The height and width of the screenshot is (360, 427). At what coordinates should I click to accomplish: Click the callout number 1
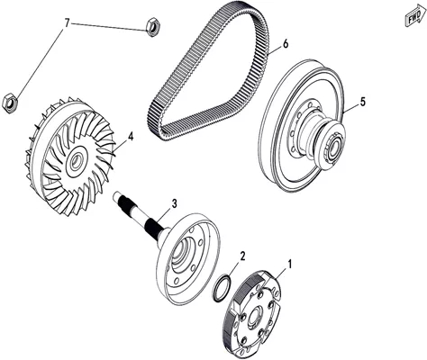click(x=290, y=265)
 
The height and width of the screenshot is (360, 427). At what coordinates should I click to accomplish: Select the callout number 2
click(x=242, y=256)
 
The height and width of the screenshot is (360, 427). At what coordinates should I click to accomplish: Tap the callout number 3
click(x=174, y=203)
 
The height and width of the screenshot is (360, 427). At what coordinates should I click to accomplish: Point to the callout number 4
click(x=130, y=137)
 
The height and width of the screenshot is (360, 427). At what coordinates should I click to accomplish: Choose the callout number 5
click(x=363, y=102)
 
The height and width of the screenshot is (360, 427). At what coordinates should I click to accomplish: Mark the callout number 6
click(x=285, y=44)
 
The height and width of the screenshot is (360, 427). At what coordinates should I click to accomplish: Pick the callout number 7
click(x=67, y=23)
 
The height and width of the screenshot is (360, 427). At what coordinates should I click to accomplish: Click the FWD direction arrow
click(x=415, y=17)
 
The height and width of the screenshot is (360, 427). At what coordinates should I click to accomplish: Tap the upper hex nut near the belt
click(x=153, y=27)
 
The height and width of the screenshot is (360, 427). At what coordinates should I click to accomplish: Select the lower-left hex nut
click(x=10, y=103)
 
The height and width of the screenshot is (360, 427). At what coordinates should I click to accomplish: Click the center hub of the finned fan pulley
click(x=77, y=161)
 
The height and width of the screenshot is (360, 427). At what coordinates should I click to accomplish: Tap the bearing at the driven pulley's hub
click(x=333, y=146)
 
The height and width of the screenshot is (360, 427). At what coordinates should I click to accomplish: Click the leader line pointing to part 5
click(x=351, y=108)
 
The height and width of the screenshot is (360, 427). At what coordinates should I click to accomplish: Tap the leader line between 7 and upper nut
click(x=108, y=27)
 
